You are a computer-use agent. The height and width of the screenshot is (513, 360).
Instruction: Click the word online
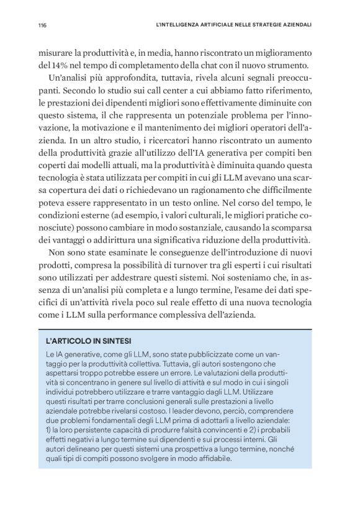click(220, 212)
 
